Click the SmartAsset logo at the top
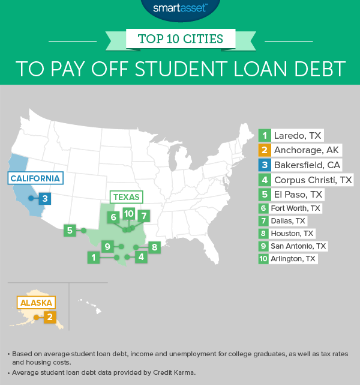click(x=179, y=8)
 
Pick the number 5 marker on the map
click(x=70, y=230)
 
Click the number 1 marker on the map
click(x=93, y=257)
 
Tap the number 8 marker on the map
click(x=154, y=246)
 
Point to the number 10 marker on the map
click(x=128, y=214)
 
